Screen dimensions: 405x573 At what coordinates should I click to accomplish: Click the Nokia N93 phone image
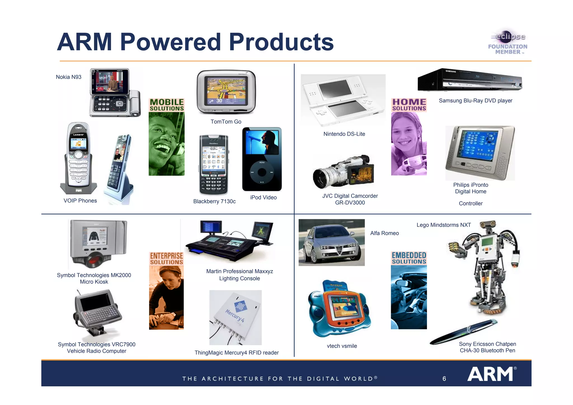[115, 92]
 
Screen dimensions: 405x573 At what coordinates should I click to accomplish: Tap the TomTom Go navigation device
[226, 92]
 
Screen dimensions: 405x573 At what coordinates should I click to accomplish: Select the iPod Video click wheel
[262, 172]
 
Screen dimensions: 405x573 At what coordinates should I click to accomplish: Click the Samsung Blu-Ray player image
[470, 80]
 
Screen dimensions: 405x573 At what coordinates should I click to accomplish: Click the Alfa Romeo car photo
[332, 242]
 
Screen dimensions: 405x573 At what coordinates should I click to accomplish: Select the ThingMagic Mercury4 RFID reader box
[236, 317]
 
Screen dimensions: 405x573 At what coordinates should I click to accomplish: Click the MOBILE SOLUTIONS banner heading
[167, 105]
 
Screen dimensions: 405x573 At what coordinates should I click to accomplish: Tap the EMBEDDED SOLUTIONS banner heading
[409, 258]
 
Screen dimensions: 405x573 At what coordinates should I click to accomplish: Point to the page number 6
[444, 379]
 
